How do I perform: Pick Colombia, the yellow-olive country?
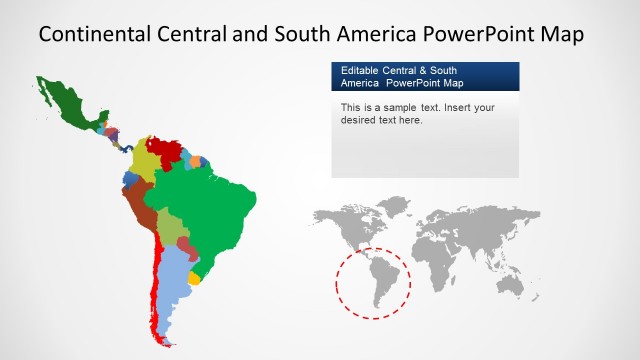(146, 160)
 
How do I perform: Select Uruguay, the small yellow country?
(194, 278)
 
